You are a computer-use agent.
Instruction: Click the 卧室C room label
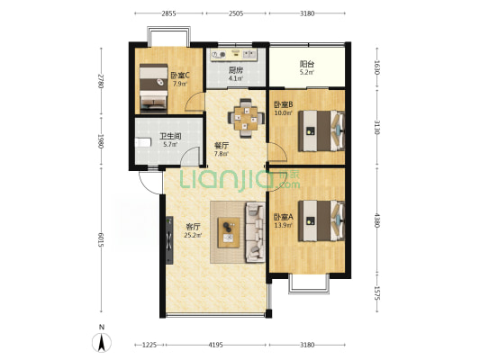click(180, 75)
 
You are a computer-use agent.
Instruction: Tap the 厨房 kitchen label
click(236, 70)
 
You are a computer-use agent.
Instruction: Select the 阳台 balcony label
click(307, 64)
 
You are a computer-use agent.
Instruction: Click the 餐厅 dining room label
click(221, 146)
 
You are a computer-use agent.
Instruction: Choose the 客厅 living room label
click(193, 227)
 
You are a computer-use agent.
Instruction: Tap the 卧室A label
click(283, 217)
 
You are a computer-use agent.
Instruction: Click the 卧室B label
click(283, 104)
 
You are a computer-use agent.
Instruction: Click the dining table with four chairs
click(246, 118)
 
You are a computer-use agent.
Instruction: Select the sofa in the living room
click(255, 232)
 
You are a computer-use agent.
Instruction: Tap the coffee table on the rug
click(229, 232)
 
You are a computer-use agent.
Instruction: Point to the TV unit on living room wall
click(169, 240)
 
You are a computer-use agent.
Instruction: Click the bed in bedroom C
click(153, 86)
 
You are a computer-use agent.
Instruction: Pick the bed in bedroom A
click(322, 220)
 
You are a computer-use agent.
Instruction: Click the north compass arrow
click(102, 343)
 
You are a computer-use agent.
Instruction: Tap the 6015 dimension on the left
click(101, 239)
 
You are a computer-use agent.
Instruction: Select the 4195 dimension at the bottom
click(215, 345)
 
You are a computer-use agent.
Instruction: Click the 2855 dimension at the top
click(168, 13)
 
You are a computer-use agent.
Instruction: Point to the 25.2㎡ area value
click(193, 235)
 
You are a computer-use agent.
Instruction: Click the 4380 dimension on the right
click(376, 220)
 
